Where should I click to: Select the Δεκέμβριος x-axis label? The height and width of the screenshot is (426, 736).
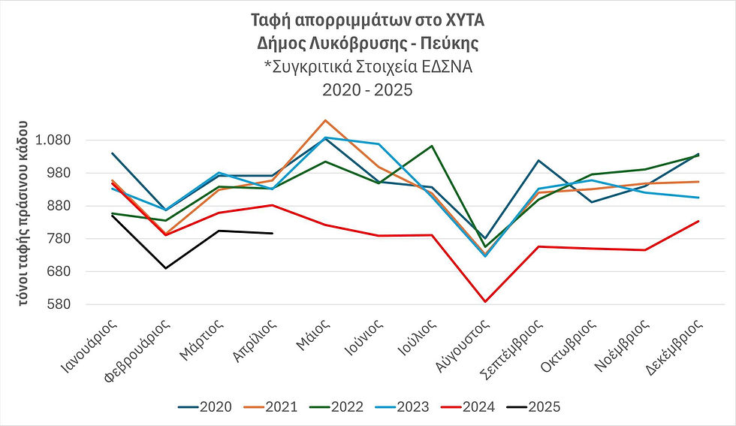click(683, 346)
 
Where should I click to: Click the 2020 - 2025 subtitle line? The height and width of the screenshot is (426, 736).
click(367, 89)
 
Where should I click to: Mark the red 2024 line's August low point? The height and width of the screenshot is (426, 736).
click(486, 302)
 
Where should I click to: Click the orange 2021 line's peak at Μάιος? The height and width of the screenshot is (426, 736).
click(324, 120)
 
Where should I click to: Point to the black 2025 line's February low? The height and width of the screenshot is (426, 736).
click(165, 268)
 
